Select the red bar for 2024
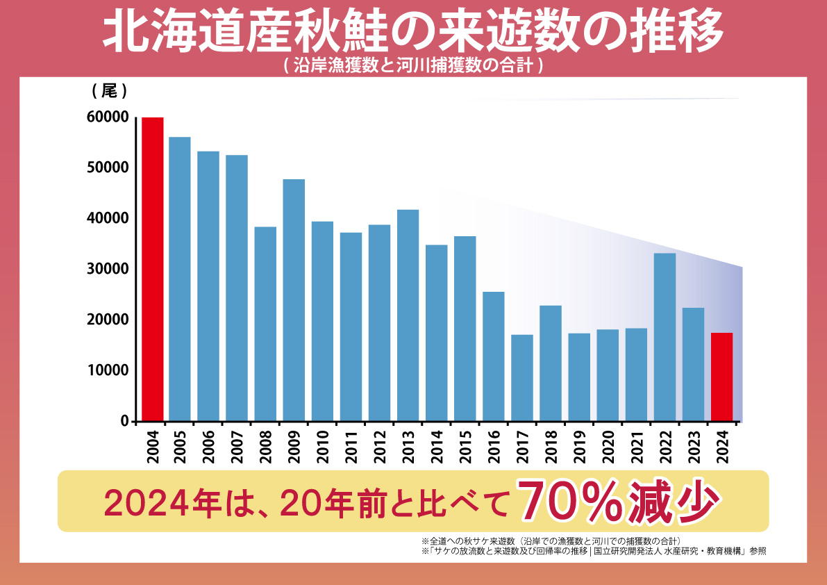coord(721,377)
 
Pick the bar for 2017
coord(522,378)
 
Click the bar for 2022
coord(665,337)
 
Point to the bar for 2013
coord(408,315)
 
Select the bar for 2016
coord(494,356)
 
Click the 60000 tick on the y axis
coord(108,117)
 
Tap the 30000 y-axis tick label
coord(108,270)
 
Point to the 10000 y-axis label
coord(108,370)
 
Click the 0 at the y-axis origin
coord(124,421)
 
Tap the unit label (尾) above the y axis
coord(108,91)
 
